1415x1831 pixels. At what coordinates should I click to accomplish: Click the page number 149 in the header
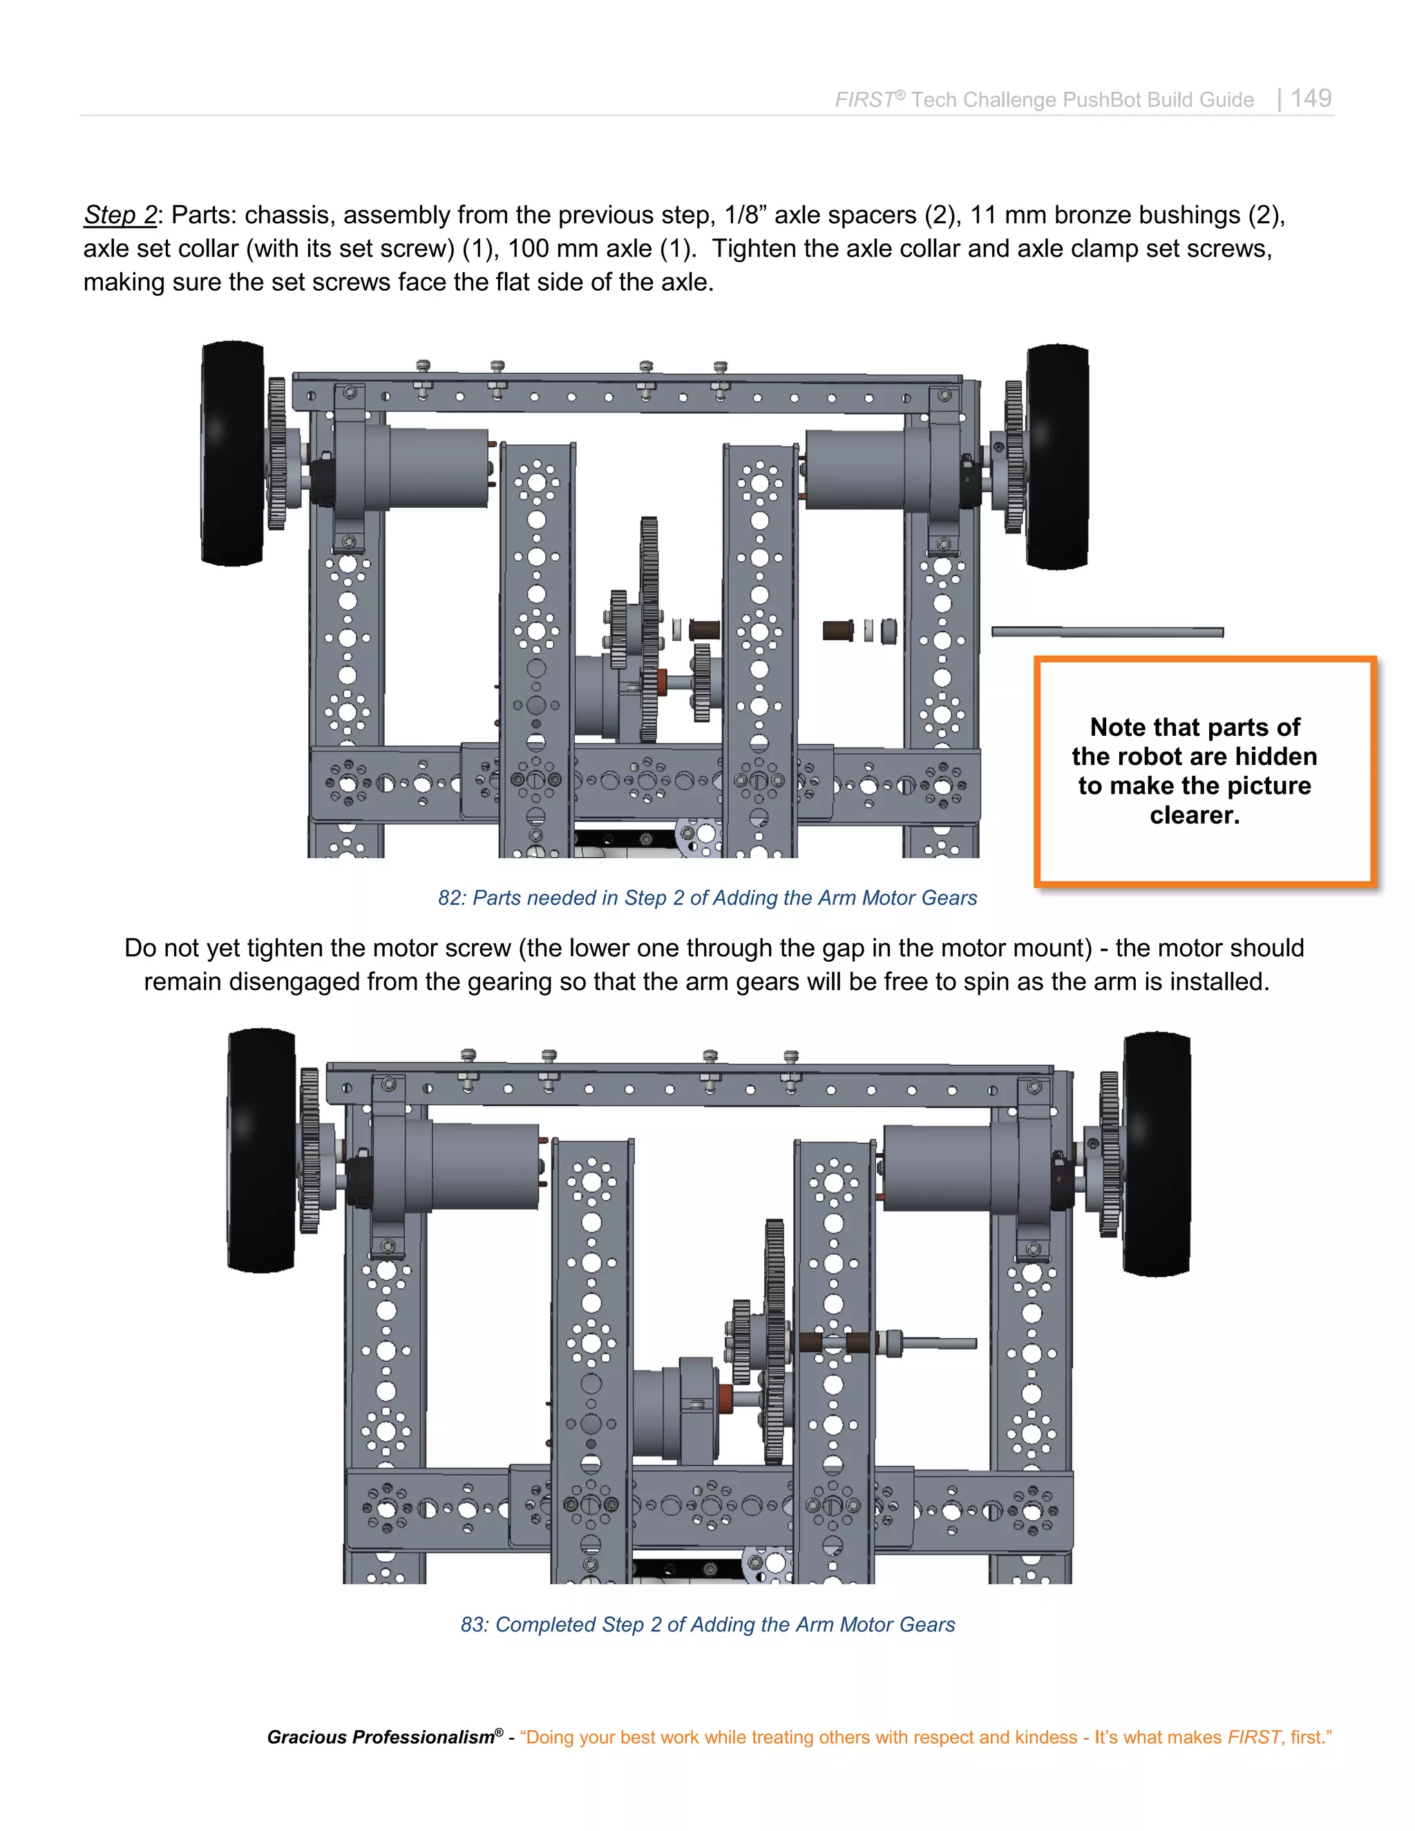tap(1311, 98)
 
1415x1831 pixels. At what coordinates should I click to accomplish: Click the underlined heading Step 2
tap(120, 215)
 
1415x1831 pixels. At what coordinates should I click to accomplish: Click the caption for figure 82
tap(707, 898)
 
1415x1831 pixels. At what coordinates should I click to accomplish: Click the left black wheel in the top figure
tap(232, 453)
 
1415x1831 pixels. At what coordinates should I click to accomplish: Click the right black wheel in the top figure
tap(1058, 457)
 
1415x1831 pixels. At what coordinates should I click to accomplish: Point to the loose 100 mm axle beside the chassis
tap(1107, 632)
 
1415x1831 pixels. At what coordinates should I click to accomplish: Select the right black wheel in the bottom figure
tap(1156, 1155)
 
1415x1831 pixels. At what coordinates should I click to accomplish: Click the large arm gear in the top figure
tap(648, 629)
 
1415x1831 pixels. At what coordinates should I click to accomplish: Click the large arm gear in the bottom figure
tap(775, 1341)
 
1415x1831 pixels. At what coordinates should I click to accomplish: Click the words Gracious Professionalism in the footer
tap(381, 1737)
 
